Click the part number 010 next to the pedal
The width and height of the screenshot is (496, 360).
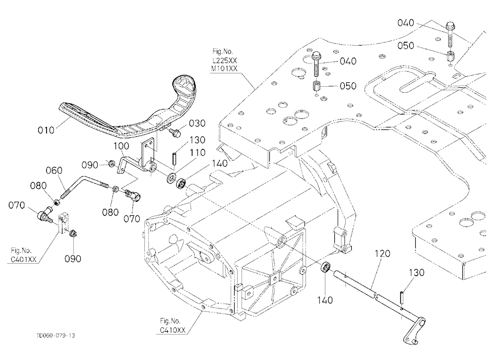pyautogui.click(x=46, y=130)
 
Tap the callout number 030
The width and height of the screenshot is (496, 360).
pyautogui.click(x=197, y=123)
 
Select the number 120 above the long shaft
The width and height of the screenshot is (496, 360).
pyautogui.click(x=382, y=253)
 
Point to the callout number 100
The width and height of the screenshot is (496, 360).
pyautogui.click(x=122, y=146)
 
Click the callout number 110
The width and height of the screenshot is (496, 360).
pyautogui.click(x=197, y=152)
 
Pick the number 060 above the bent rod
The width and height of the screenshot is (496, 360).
pyautogui.click(x=54, y=171)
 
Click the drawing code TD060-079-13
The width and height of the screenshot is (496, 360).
pyautogui.click(x=56, y=335)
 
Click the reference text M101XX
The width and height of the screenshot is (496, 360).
pyautogui.click(x=225, y=68)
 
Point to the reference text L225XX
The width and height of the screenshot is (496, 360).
pyautogui.click(x=225, y=60)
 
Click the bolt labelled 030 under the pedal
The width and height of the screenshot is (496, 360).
pyautogui.click(x=175, y=132)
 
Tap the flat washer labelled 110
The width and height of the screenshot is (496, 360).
pyautogui.click(x=172, y=178)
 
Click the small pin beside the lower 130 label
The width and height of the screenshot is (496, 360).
pyautogui.click(x=402, y=297)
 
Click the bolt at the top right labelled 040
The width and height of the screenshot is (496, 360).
pyautogui.click(x=450, y=33)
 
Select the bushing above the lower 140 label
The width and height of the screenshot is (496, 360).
pyautogui.click(x=326, y=267)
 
